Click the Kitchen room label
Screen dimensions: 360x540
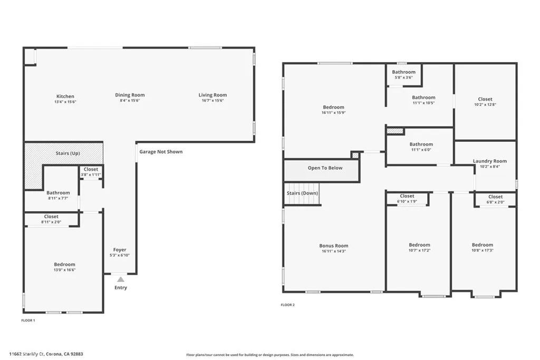65,96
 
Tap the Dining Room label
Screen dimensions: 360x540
130,95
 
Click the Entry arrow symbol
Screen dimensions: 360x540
121,279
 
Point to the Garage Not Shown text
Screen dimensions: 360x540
161,152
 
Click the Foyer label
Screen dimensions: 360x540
120,250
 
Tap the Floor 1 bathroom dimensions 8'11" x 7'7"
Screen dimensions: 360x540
58,199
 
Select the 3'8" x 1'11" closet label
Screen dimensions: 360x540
91,174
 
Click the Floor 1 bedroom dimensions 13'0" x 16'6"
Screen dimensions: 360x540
64,270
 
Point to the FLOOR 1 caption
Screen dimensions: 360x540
28,320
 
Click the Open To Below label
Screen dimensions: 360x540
325,168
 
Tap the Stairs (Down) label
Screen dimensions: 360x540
302,193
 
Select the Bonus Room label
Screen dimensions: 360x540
334,246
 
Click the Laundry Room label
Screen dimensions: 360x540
489,161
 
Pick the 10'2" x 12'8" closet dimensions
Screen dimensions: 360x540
485,105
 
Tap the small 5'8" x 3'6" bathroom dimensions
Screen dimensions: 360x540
403,77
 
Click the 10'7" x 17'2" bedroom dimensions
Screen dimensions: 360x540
419,250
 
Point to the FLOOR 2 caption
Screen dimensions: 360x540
287,305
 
